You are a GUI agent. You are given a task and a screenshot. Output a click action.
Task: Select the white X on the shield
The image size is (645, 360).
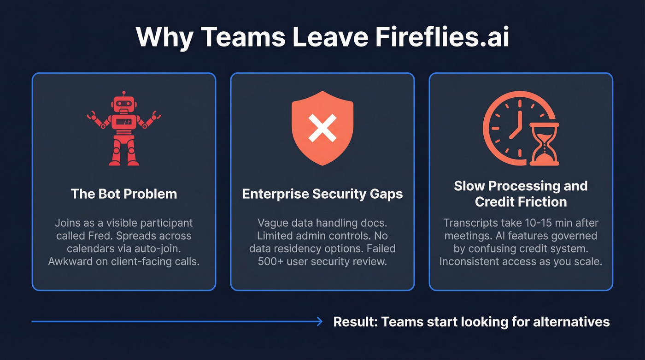[x=322, y=128]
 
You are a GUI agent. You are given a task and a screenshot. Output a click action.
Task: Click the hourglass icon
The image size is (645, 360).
[x=544, y=144]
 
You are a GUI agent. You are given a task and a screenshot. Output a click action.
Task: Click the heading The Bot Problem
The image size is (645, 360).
[x=124, y=194]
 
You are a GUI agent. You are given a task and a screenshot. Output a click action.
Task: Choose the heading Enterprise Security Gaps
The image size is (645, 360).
[x=322, y=194]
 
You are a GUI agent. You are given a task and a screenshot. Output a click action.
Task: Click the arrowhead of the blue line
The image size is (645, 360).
[x=319, y=321]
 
